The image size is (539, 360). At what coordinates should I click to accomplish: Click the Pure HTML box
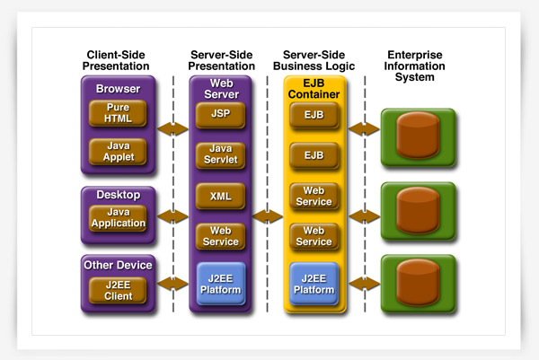[x=118, y=113]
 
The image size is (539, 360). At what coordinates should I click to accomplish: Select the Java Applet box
[x=118, y=152]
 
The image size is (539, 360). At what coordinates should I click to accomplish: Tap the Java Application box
[x=118, y=218]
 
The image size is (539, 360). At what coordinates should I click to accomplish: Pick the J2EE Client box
[x=118, y=291]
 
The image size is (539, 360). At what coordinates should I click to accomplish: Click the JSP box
[x=220, y=115]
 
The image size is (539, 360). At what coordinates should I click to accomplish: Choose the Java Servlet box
[x=220, y=155]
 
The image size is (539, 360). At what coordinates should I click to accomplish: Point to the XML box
[x=220, y=196]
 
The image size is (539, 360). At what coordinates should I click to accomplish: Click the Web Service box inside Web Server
[x=220, y=236]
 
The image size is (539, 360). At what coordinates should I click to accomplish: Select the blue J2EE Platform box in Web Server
[x=221, y=284]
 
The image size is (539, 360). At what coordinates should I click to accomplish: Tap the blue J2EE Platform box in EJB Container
[x=314, y=284]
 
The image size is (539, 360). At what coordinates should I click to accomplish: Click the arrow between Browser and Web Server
[x=172, y=128]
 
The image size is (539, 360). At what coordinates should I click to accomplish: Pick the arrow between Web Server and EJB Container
[x=268, y=216]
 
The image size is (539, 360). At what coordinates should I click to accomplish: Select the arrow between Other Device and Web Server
[x=172, y=284]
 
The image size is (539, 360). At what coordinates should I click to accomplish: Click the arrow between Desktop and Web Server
[x=172, y=216]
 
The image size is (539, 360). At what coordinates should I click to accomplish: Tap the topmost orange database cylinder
[x=418, y=135]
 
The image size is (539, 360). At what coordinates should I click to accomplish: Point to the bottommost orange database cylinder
[x=418, y=283]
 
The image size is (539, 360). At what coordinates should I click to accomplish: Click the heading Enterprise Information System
[x=414, y=66]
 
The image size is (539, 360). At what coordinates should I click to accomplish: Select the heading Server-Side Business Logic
[x=314, y=60]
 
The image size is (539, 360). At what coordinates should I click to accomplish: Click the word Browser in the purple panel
[x=118, y=89]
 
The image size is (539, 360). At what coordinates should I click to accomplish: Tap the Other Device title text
[x=118, y=265]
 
